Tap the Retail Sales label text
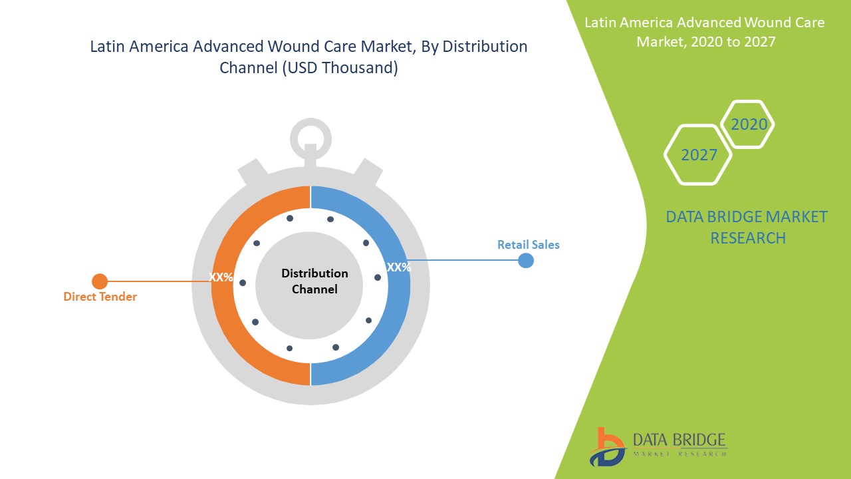pyautogui.click(x=529, y=245)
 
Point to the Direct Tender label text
pyautogui.click(x=100, y=297)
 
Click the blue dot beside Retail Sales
pyautogui.click(x=525, y=260)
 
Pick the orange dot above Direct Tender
pyautogui.click(x=100, y=281)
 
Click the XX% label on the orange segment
pyautogui.click(x=221, y=277)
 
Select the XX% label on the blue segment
pyautogui.click(x=399, y=267)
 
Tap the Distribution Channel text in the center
pyautogui.click(x=314, y=281)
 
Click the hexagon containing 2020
pyautogui.click(x=749, y=124)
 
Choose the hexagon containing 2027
pyautogui.click(x=699, y=155)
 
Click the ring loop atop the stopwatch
pyautogui.click(x=310, y=137)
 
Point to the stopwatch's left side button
pyautogui.click(x=253, y=172)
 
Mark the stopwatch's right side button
pyautogui.click(x=368, y=172)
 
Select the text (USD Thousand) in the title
pyautogui.click(x=340, y=68)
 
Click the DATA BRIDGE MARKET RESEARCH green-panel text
pyautogui.click(x=747, y=227)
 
